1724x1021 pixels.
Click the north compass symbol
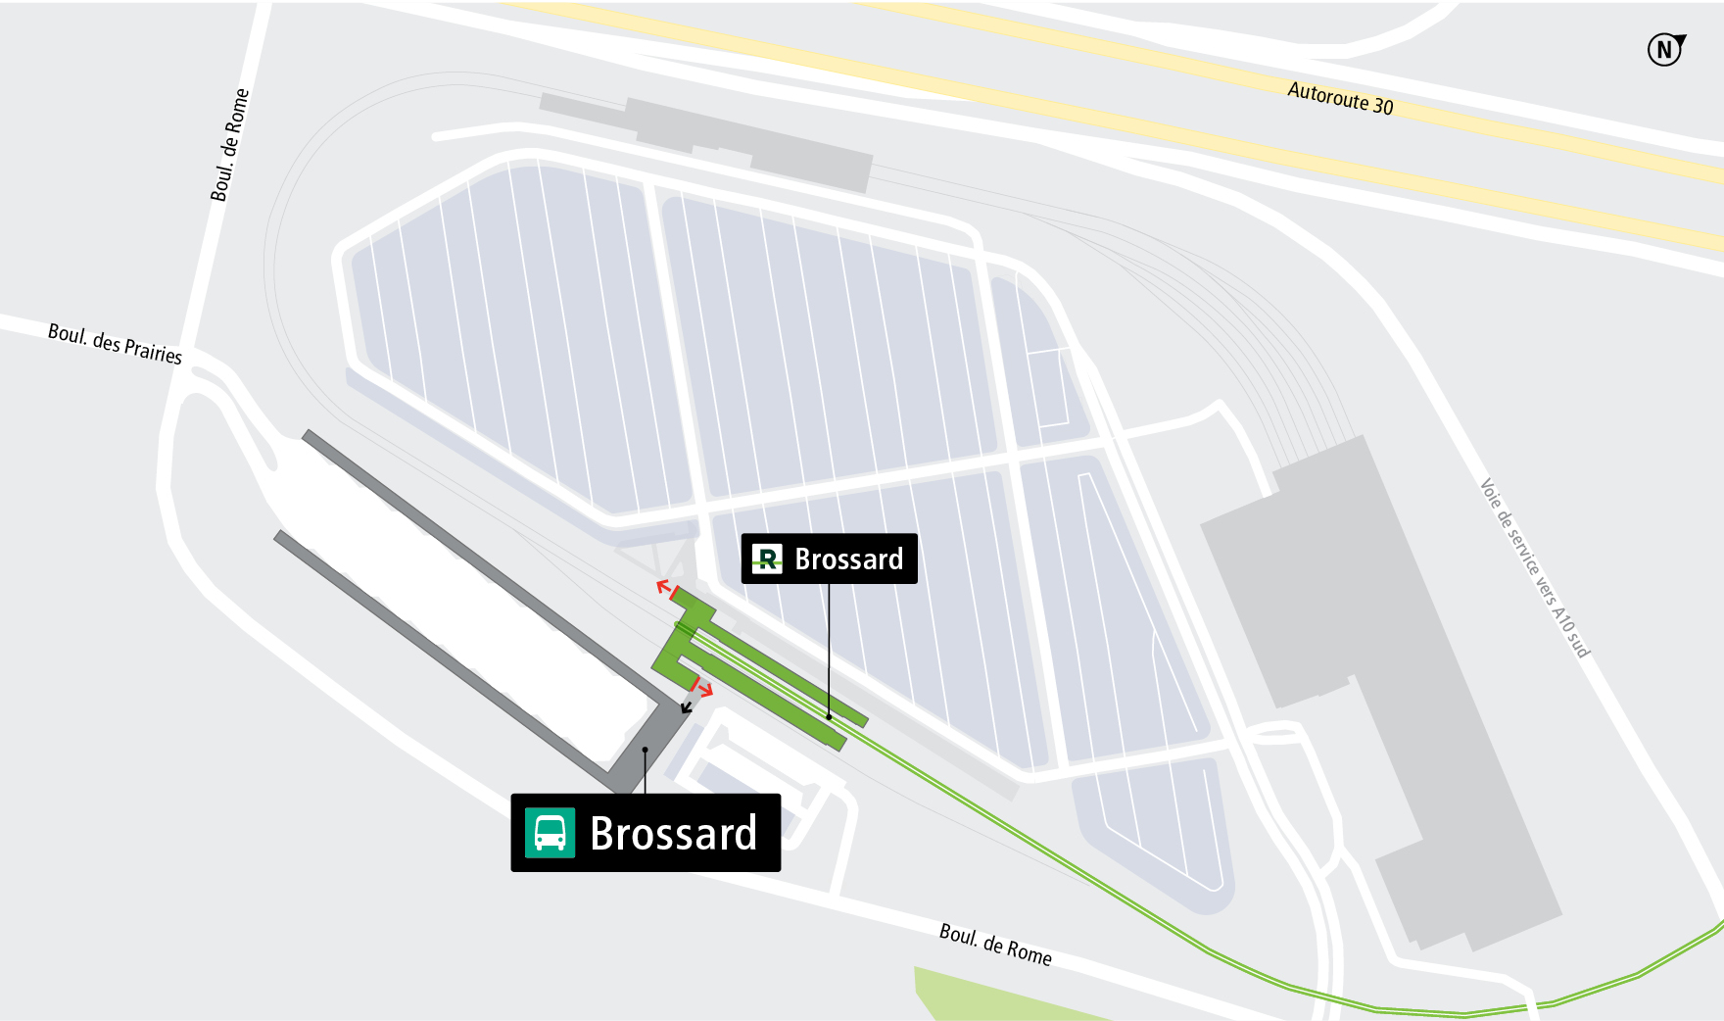point(1664,49)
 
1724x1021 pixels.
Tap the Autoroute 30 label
point(1340,98)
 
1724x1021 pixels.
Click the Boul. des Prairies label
point(115,344)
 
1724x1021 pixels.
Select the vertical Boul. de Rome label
point(230,145)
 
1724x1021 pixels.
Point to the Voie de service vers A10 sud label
point(1534,567)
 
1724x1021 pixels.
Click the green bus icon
point(550,833)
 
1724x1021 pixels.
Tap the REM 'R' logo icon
point(767,559)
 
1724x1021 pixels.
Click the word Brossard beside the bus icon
point(674,834)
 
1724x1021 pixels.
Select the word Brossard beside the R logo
point(849,559)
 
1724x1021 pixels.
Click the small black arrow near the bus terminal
point(687,705)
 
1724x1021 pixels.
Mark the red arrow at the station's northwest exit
point(664,588)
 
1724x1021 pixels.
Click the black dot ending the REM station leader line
point(829,717)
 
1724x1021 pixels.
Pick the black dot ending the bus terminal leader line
point(645,750)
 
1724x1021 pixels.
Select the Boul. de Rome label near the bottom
point(995,945)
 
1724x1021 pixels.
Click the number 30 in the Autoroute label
point(1382,105)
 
